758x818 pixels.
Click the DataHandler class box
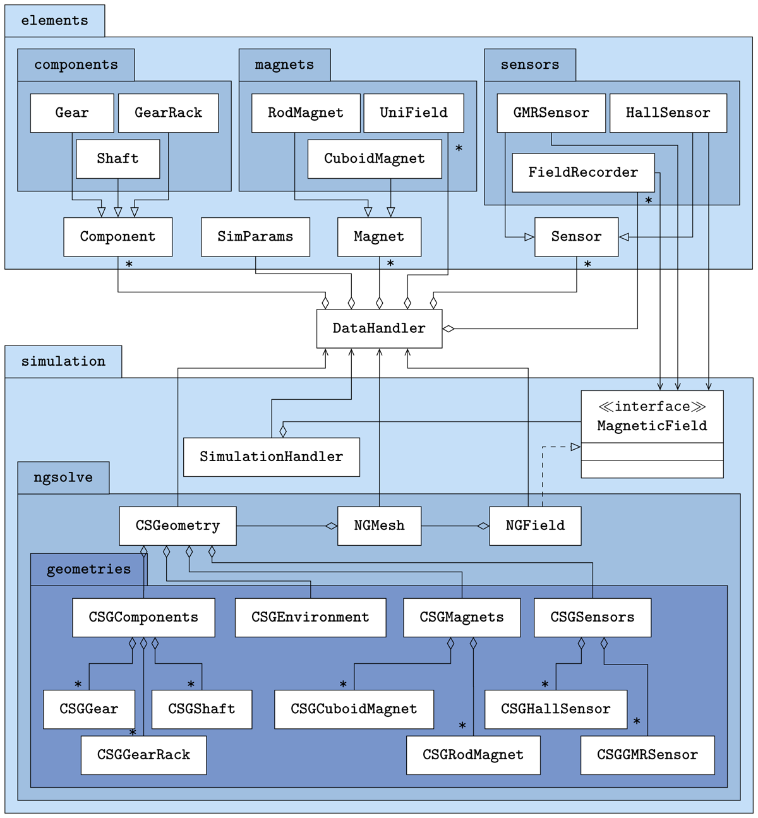(x=379, y=328)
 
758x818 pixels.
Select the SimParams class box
(x=255, y=237)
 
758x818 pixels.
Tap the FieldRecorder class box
(x=583, y=172)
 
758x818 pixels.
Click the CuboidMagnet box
(x=375, y=159)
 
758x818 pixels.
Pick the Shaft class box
(x=117, y=159)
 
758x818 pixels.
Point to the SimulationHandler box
(x=272, y=457)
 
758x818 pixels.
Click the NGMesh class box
(x=379, y=526)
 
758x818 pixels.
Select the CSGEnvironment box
(x=310, y=618)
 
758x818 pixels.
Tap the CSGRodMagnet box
(x=473, y=755)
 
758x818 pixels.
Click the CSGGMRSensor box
(x=647, y=755)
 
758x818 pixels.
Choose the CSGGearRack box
(x=143, y=755)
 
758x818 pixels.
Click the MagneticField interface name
(x=652, y=426)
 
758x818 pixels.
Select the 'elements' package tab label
(x=55, y=21)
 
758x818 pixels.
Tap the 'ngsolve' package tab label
(x=63, y=478)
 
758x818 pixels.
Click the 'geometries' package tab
(x=88, y=570)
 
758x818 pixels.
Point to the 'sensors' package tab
(x=530, y=65)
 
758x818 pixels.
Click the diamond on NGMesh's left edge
(x=331, y=526)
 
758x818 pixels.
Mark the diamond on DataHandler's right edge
(x=448, y=328)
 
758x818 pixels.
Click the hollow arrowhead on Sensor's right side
(x=624, y=237)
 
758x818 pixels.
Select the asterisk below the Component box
(x=129, y=265)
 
